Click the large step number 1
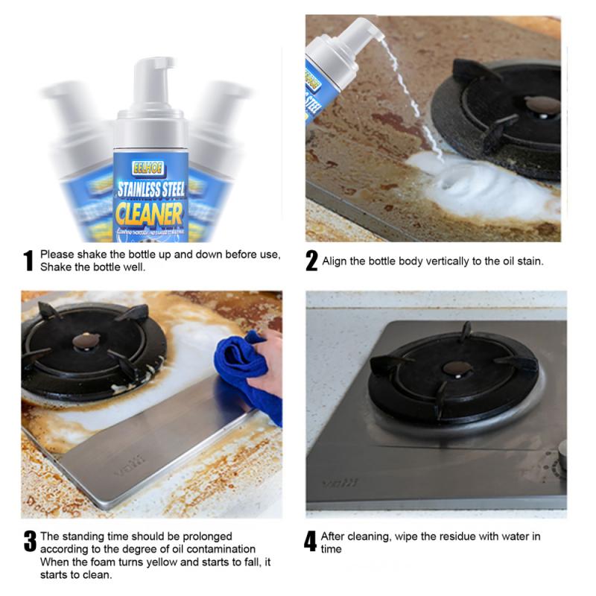(29, 261)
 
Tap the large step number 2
(311, 261)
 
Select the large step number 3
(30, 542)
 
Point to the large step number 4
(311, 542)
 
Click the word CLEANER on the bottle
(150, 215)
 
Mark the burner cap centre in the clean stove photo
(457, 368)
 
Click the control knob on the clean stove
(562, 455)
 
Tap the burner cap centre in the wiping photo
(83, 341)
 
